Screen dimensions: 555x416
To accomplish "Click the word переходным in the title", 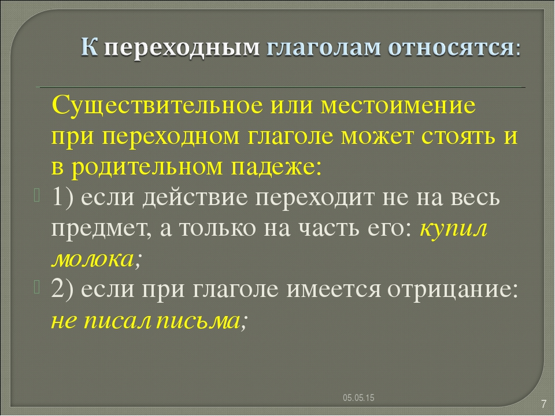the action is coord(182,48).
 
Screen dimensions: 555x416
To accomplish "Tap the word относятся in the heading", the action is coord(450,47).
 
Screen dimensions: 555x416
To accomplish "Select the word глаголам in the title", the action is coord(324,47).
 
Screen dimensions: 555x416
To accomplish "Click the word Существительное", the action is coord(157,105).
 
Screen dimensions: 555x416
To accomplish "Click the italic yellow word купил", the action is coord(453,229).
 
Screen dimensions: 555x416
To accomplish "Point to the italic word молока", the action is coord(93,259).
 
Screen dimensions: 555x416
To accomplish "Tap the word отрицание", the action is coord(452,290).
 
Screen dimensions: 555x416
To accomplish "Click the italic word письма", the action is coord(198,321).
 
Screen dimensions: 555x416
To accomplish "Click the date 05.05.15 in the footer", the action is coord(358,398).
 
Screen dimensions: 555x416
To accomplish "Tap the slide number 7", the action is coord(543,404).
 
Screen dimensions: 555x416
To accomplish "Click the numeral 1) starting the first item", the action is coord(62,197).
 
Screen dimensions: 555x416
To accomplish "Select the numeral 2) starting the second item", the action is coord(62,289).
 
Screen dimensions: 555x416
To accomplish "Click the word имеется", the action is coord(334,289).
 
